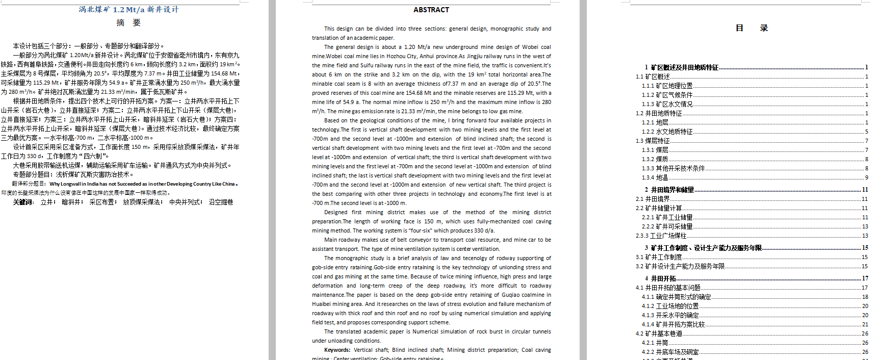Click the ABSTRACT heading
(431, 10)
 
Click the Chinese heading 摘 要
(128, 22)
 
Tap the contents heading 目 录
(751, 28)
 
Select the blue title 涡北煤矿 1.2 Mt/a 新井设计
(128, 10)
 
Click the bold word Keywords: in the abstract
(337, 350)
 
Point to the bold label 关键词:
(23, 202)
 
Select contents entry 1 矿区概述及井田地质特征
(681, 67)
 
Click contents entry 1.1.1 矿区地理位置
(667, 86)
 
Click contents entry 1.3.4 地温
(655, 177)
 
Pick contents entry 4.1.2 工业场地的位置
(670, 306)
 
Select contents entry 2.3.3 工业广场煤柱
(661, 236)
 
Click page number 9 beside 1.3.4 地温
(866, 177)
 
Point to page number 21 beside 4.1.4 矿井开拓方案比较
(865, 324)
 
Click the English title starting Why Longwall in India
(142, 184)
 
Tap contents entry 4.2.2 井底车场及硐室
(670, 352)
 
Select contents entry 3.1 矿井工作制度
(658, 257)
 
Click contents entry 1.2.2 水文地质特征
(667, 132)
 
